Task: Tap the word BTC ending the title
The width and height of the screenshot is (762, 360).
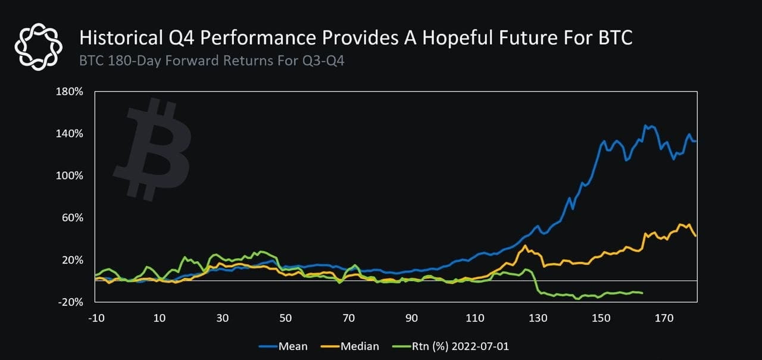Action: click(x=610, y=39)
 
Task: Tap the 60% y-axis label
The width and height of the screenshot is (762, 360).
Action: click(x=73, y=218)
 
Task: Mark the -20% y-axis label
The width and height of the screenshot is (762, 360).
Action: click(x=71, y=302)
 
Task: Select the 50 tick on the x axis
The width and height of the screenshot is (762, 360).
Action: click(x=285, y=318)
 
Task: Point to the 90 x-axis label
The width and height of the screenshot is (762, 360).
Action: click(x=411, y=318)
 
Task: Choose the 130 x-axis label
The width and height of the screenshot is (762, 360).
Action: click(x=538, y=318)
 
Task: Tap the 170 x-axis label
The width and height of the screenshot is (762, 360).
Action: click(x=664, y=318)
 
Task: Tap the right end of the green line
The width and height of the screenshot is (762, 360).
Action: click(x=642, y=293)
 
